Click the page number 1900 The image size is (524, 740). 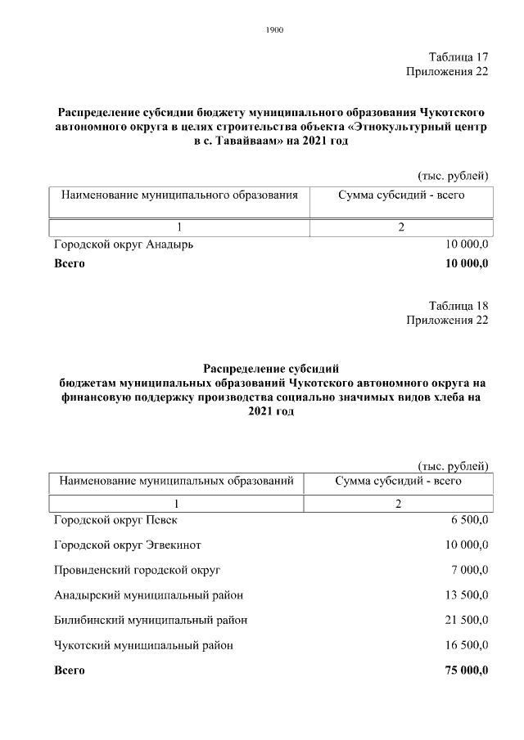[274, 30]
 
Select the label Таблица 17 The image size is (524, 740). [458, 57]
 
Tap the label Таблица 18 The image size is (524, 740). [458, 306]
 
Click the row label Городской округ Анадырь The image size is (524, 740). [124, 244]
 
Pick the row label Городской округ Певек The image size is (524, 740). [115, 520]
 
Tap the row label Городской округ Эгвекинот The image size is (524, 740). [128, 545]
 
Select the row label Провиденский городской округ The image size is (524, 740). [137, 570]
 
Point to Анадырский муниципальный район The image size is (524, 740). [148, 595]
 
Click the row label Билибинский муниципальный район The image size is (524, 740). [151, 621]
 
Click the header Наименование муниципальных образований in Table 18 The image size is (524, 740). [176, 481]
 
